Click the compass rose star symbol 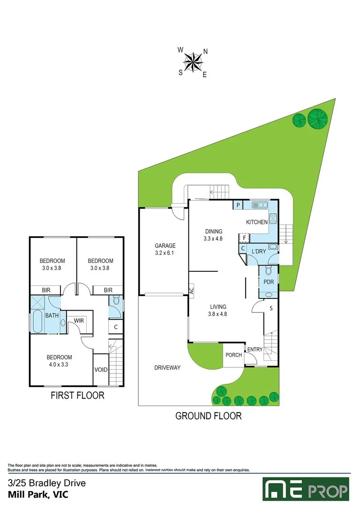click(x=193, y=62)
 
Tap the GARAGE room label click(x=165, y=246)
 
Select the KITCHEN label click(x=257, y=222)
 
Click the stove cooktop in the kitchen click(x=273, y=219)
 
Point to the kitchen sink click(x=260, y=205)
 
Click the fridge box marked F click(x=244, y=238)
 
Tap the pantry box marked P click(x=238, y=205)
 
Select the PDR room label click(x=269, y=282)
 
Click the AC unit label click(x=191, y=291)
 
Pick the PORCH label click(x=234, y=355)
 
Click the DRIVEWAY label click(x=167, y=368)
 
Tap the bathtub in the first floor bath click(x=37, y=321)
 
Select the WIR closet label click(x=79, y=320)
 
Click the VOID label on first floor click(x=101, y=370)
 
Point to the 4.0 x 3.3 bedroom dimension click(x=59, y=365)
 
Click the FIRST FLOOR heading click(x=77, y=395)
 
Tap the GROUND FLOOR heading click(x=209, y=416)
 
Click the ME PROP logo click(x=306, y=489)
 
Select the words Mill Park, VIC click(x=38, y=494)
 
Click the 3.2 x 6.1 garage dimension click(x=165, y=253)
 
